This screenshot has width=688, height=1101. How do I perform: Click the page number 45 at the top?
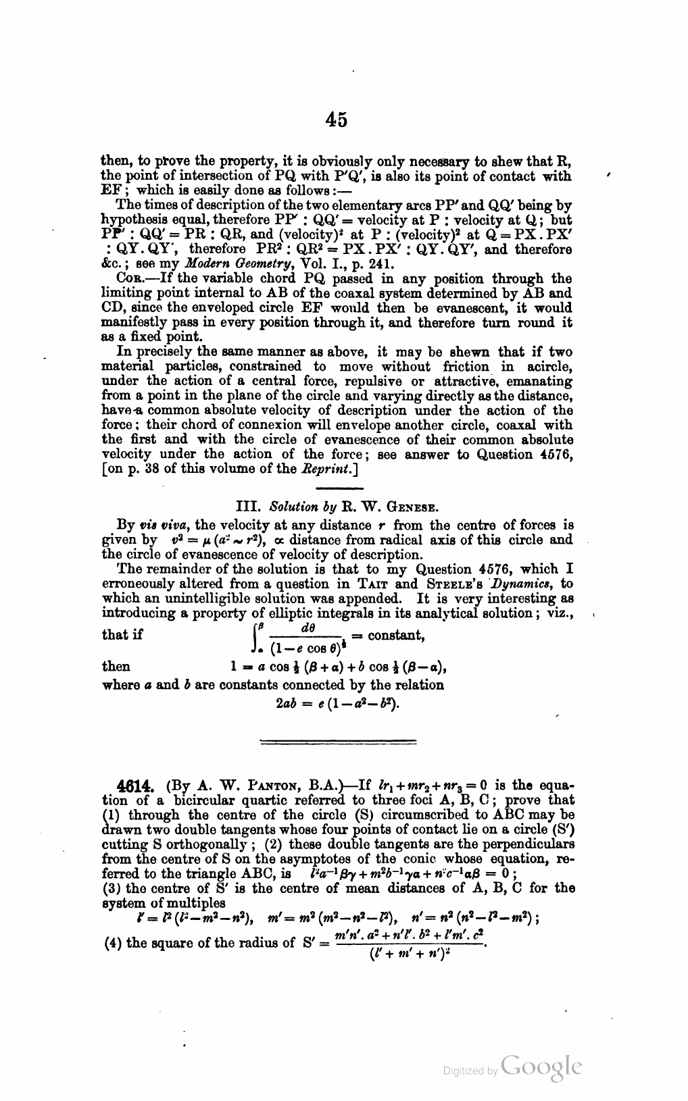pos(336,120)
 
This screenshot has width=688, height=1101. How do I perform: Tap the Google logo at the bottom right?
pos(541,1067)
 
